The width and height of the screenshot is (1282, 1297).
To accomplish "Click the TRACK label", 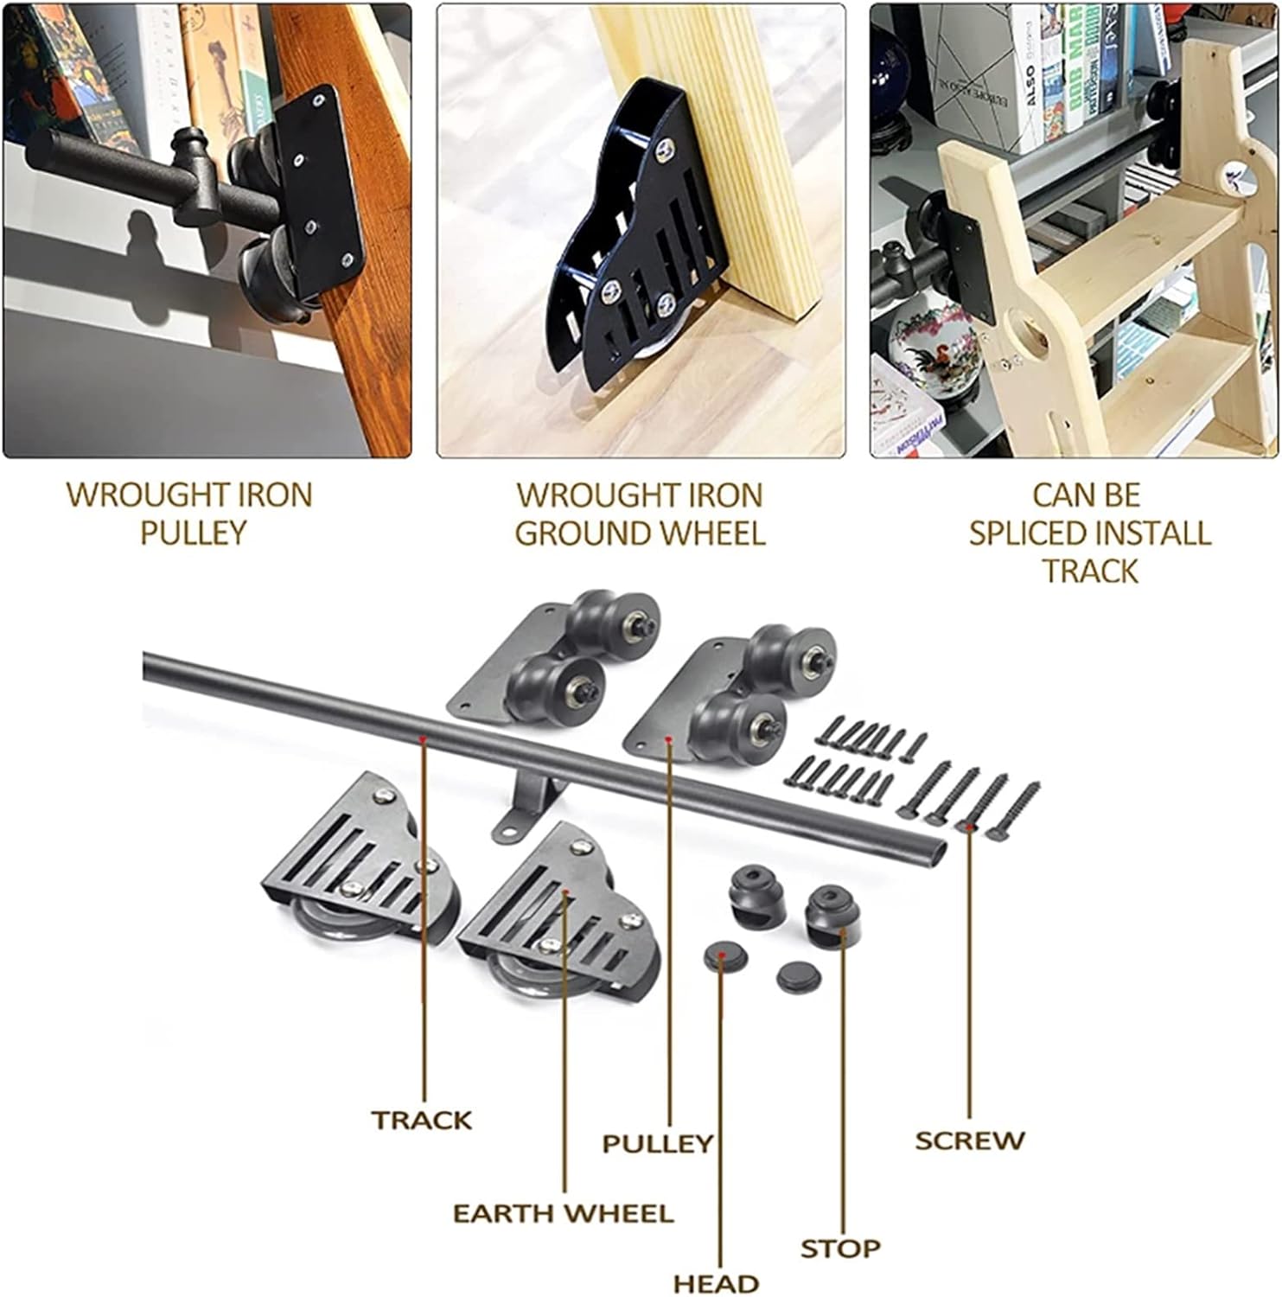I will pyautogui.click(x=422, y=1121).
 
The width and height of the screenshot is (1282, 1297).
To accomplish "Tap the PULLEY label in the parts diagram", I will pyautogui.click(x=657, y=1143).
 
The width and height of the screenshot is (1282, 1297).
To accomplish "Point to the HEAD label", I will pyautogui.click(x=716, y=1283).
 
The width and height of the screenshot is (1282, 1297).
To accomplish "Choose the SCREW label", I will pyautogui.click(x=969, y=1140).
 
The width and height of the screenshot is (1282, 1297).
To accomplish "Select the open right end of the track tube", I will pyautogui.click(x=934, y=849).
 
